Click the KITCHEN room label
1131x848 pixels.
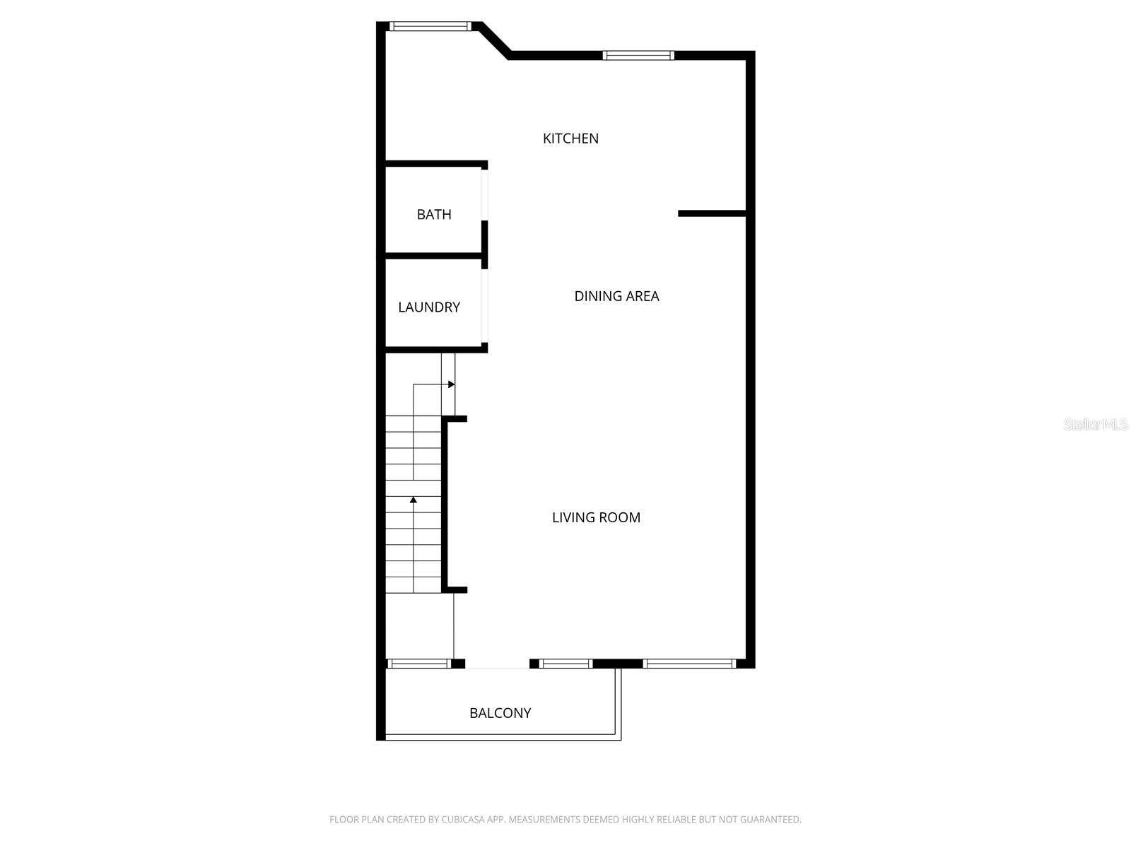570,139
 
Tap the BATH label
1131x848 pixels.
434,214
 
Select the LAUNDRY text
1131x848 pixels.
429,307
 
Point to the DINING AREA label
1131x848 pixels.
616,296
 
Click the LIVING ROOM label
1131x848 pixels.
596,517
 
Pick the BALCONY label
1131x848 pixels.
500,713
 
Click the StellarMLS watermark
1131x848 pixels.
1096,424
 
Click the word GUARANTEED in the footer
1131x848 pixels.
770,820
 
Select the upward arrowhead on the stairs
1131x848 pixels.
414,500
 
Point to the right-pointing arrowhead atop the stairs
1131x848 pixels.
452,384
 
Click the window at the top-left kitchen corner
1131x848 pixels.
430,27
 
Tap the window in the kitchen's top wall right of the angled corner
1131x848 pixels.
638,55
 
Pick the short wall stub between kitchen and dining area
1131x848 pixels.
711,213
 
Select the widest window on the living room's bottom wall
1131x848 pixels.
689,664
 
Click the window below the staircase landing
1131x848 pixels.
419,664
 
